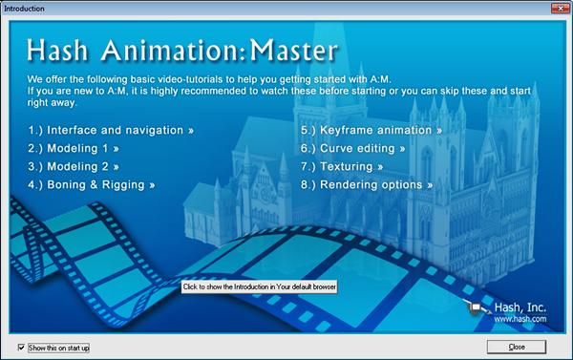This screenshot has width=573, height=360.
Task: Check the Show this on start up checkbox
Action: [x=22, y=347]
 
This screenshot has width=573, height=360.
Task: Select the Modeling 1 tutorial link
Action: [x=72, y=148]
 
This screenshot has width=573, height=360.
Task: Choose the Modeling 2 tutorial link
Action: [x=72, y=166]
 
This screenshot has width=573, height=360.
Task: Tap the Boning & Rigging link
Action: [x=91, y=184]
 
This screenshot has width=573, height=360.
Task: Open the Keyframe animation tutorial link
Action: [x=371, y=130]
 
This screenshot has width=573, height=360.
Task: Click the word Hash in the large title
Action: [x=59, y=51]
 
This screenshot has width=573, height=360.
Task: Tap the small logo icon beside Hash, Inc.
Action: [x=474, y=308]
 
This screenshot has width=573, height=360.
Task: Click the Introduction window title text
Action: [x=26, y=7]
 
